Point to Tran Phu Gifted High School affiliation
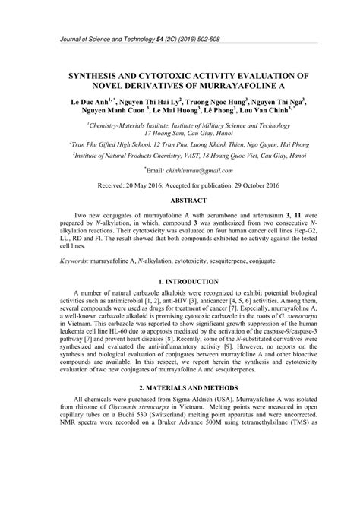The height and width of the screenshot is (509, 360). pyautogui.click(x=117, y=142)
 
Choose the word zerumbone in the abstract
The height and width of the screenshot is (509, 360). pyautogui.click(x=202, y=217)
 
